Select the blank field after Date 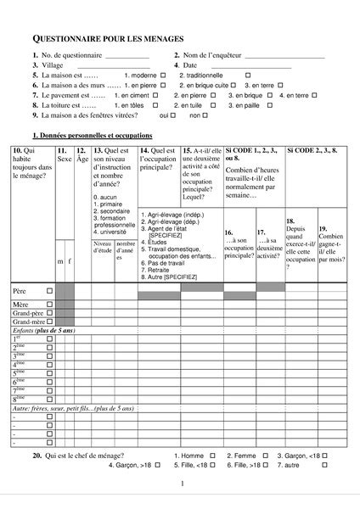(x=250, y=65)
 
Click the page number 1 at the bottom (x=181, y=484)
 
